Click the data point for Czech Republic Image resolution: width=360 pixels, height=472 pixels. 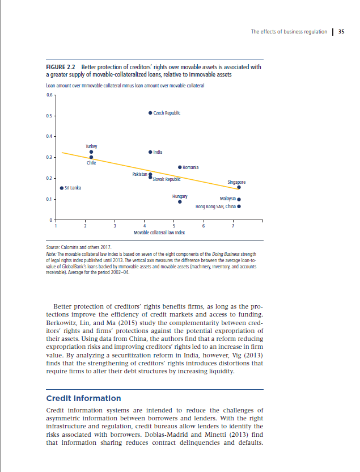click(x=150, y=113)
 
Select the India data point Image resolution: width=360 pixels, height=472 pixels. click(x=150, y=152)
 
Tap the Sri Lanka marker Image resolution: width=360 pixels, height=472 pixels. click(x=61, y=188)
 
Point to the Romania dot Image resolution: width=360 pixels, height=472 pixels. click(x=180, y=167)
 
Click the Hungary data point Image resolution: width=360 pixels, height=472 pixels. click(x=180, y=201)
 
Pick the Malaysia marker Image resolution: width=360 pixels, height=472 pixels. click(x=239, y=199)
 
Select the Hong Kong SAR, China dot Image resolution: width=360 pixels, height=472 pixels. click(x=239, y=206)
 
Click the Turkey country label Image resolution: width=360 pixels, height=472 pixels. click(x=91, y=146)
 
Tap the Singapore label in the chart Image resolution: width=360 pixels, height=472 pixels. click(x=236, y=182)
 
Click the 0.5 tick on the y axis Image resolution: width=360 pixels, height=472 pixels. click(x=50, y=116)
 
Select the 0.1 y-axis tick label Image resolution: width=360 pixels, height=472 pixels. click(x=50, y=199)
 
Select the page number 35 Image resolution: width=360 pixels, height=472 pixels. click(x=341, y=32)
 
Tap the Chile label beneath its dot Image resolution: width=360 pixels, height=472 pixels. click(x=91, y=163)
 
